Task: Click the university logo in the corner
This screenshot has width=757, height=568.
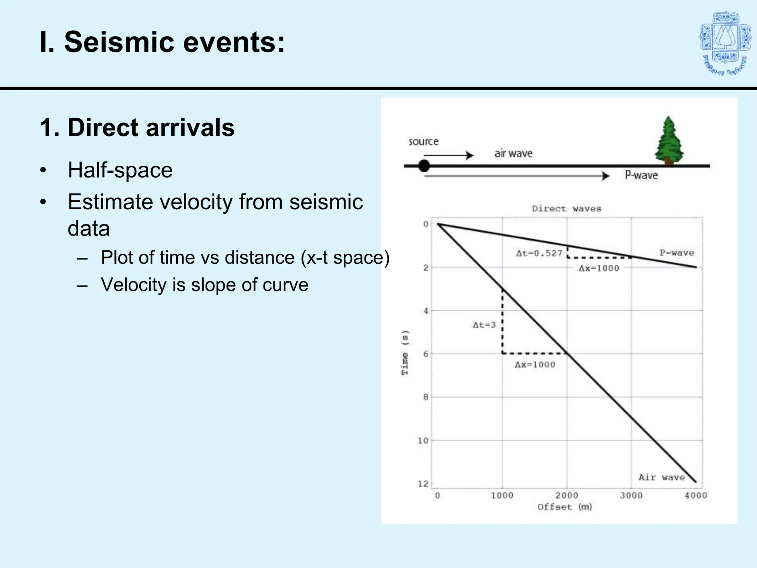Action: click(725, 44)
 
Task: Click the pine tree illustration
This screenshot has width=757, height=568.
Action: click(668, 141)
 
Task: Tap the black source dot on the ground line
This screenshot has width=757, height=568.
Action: click(424, 166)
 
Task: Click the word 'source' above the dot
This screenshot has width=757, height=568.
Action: click(424, 142)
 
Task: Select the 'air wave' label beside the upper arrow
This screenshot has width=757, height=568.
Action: click(513, 153)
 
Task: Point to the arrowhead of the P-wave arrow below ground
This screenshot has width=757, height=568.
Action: click(605, 176)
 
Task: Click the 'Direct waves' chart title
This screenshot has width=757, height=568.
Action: click(566, 209)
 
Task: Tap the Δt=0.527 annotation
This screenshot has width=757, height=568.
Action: click(539, 254)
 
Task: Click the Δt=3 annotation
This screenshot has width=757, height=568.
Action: click(484, 325)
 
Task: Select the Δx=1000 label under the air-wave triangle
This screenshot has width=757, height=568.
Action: click(535, 365)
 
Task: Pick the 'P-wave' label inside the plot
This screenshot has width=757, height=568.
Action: click(677, 253)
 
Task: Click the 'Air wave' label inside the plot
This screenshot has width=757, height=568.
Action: click(662, 477)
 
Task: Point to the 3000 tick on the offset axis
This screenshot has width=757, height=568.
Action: click(631, 496)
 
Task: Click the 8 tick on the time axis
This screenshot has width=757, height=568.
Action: click(426, 397)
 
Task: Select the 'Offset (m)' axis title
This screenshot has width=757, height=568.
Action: click(564, 507)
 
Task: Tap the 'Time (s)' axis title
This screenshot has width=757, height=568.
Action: click(405, 352)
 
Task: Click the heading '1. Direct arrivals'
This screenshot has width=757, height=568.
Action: click(137, 128)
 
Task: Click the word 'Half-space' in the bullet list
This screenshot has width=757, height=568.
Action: click(120, 170)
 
